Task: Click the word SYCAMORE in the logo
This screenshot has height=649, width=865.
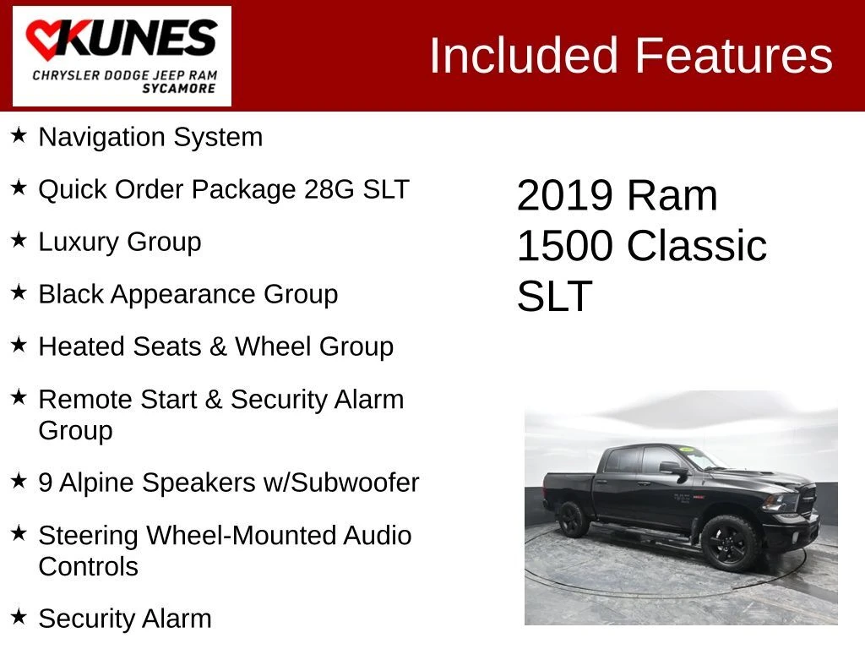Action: (x=179, y=88)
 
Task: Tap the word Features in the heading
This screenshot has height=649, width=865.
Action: (x=734, y=55)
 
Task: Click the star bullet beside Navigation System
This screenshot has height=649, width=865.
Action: (x=19, y=134)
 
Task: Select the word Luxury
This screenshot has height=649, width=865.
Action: (x=79, y=243)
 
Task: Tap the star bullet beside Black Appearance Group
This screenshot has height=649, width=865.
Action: (x=19, y=292)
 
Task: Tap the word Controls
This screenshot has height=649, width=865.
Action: (x=88, y=567)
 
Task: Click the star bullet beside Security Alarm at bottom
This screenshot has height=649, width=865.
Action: (x=19, y=616)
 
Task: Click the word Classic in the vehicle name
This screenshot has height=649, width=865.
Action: (x=697, y=246)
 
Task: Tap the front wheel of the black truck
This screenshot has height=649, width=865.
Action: (x=729, y=543)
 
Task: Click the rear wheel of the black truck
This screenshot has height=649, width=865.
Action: (x=572, y=519)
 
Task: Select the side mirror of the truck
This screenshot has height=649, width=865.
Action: (x=674, y=468)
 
